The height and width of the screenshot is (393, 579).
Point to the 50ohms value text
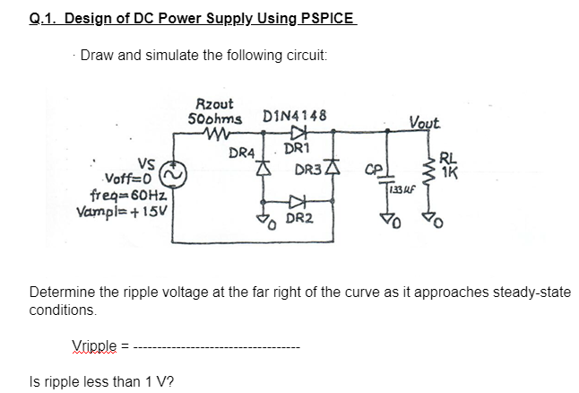(215, 119)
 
